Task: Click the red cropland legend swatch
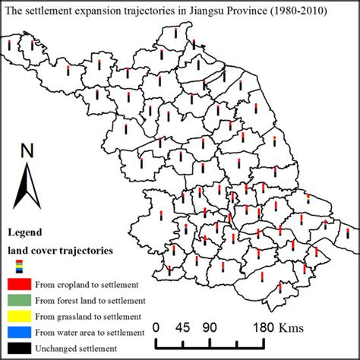pyautogui.click(x=20, y=283)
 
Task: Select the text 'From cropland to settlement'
pyautogui.click(x=85, y=284)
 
